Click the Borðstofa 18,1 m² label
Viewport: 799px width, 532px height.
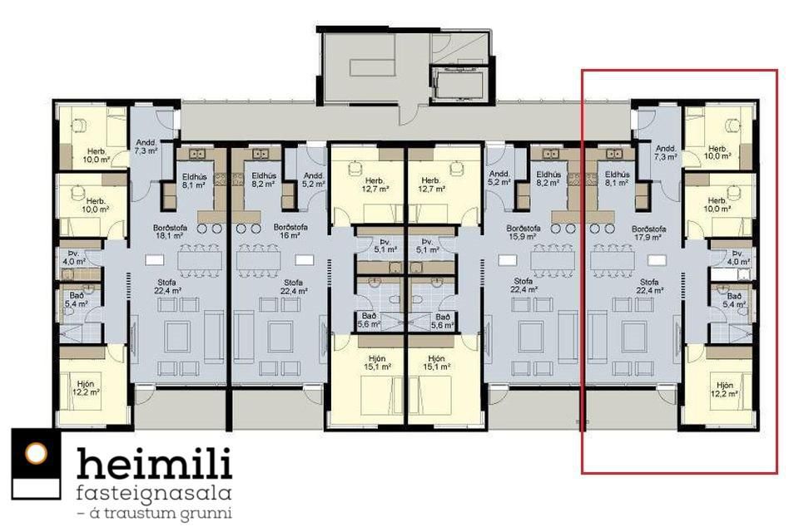tap(169, 232)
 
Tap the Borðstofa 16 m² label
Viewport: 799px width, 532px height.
tap(290, 231)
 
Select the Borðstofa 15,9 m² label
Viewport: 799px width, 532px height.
tap(524, 232)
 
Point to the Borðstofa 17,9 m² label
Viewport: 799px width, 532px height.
tap(648, 233)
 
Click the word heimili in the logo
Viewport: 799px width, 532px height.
tap(155, 463)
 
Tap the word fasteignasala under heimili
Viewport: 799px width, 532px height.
tap(154, 494)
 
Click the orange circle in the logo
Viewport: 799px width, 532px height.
tap(36, 454)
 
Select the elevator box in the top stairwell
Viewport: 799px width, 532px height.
tap(457, 84)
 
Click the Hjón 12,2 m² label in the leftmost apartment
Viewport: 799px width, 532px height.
tap(86, 388)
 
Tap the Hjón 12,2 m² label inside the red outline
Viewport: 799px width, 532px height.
tap(724, 390)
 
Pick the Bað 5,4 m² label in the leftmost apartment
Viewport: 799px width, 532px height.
tap(77, 299)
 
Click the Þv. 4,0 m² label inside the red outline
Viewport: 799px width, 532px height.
tap(738, 258)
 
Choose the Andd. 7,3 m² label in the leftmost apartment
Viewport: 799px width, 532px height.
tap(146, 147)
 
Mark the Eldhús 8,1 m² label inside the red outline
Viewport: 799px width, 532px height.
tap(617, 178)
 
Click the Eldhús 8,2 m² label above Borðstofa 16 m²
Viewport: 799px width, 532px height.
tap(264, 180)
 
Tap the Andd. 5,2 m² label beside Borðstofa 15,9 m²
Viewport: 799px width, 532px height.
tap(499, 178)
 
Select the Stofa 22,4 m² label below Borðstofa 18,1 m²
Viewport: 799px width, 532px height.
tap(167, 286)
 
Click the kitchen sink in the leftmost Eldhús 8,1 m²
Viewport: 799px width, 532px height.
tap(197, 153)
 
